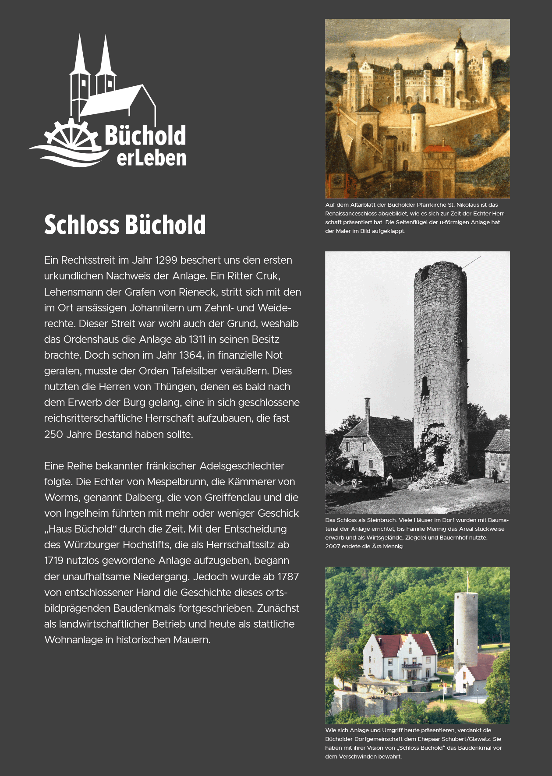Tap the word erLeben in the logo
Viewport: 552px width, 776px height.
tap(151, 158)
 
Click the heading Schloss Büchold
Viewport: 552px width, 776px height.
tap(125, 225)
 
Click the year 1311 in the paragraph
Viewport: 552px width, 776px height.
tap(197, 339)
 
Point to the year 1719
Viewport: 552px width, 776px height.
tap(54, 561)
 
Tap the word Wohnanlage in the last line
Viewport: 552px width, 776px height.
tap(73, 640)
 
